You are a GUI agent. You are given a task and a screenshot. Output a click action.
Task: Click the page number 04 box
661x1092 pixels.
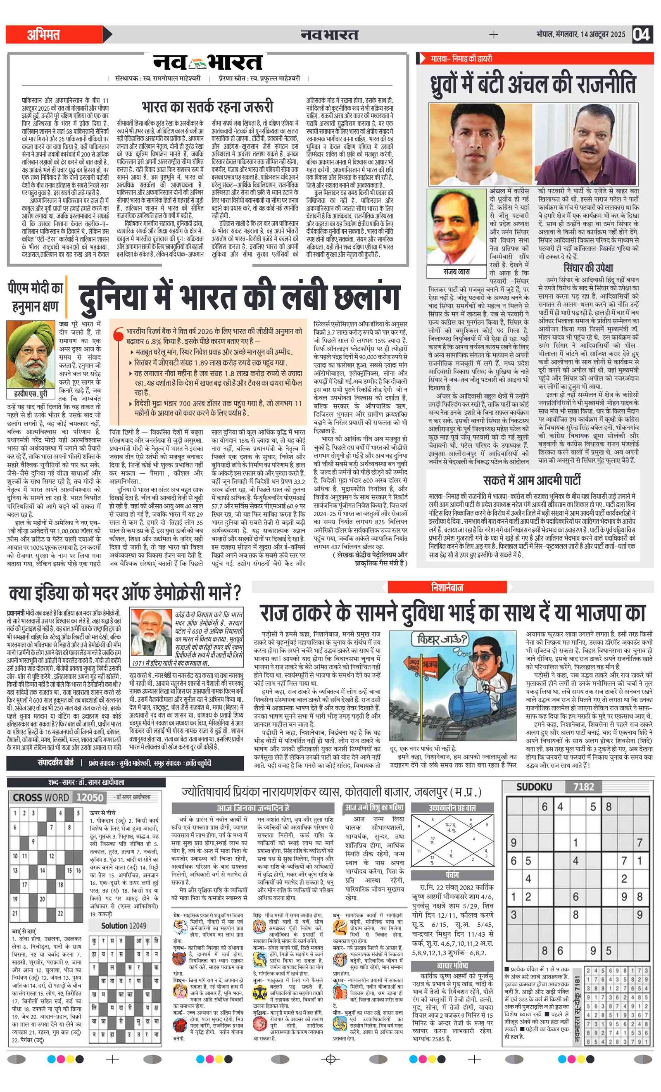pyautogui.click(x=641, y=34)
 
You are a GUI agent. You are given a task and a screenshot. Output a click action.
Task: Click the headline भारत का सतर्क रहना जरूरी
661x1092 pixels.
pyautogui.click(x=207, y=107)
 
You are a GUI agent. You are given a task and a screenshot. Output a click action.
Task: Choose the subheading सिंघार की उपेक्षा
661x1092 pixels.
pyautogui.click(x=588, y=268)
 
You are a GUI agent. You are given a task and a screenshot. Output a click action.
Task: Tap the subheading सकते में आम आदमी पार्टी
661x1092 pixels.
pyautogui.click(x=532, y=480)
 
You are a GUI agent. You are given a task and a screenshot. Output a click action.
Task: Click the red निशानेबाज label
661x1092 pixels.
pyautogui.click(x=447, y=587)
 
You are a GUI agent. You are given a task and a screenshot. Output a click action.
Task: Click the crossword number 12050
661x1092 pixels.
pyautogui.click(x=90, y=798)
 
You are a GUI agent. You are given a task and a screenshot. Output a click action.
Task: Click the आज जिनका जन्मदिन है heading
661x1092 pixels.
pyautogui.click(x=253, y=808)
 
